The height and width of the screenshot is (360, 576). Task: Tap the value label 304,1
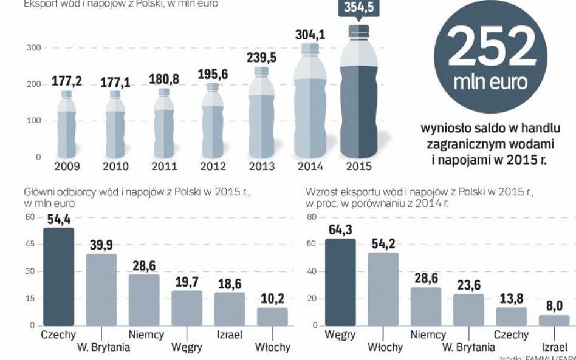(310, 35)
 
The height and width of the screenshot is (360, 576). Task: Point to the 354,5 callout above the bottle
(358, 8)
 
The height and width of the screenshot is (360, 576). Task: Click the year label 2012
(213, 166)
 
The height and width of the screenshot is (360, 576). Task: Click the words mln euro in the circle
(490, 82)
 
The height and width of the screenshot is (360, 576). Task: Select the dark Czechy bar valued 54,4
(58, 277)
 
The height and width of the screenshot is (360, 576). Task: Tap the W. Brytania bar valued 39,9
(101, 290)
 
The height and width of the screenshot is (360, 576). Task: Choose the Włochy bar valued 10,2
(272, 316)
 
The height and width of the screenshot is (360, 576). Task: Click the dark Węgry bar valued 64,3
(340, 282)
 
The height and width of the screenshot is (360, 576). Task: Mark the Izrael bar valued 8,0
(554, 320)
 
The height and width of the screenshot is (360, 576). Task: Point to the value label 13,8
(511, 299)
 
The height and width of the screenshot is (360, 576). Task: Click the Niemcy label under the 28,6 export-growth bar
(428, 335)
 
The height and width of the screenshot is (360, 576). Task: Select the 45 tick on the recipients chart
(30, 244)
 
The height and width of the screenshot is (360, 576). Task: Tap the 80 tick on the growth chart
(312, 217)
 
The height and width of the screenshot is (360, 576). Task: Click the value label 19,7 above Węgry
(186, 282)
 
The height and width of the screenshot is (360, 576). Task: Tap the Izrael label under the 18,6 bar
(228, 335)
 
